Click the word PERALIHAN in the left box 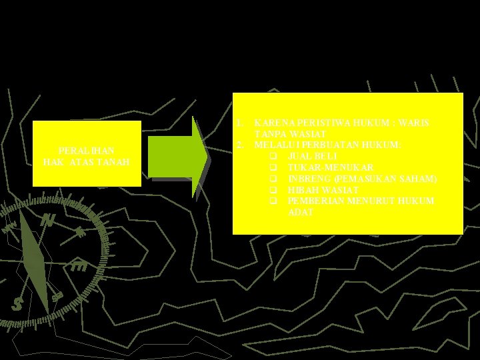pos(86,151)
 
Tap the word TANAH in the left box pos(116,162)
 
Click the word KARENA pos(273,124)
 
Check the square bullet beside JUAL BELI pos(273,156)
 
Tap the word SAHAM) pos(419,179)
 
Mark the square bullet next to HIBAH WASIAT pos(273,190)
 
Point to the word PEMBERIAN pos(316,201)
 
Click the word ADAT pos(301,212)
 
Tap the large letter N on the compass pos(48,219)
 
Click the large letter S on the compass pos(17,304)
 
